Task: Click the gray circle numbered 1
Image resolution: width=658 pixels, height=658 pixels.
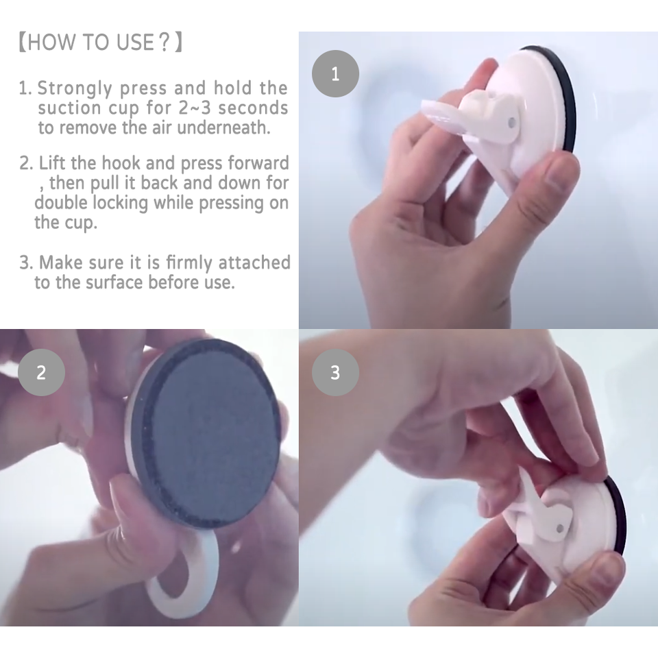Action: tap(335, 74)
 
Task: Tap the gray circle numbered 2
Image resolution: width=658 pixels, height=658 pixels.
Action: tap(41, 373)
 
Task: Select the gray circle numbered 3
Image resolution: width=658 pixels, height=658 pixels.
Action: tap(335, 373)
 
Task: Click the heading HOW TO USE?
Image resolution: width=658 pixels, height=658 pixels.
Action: tap(101, 42)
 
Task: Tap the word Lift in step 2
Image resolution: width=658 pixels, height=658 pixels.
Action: tap(52, 163)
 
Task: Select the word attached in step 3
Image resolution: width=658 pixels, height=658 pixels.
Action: tap(254, 263)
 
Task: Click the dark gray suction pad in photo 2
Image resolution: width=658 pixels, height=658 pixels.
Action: tap(206, 432)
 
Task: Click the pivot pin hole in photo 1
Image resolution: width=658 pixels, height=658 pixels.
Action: tap(511, 123)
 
